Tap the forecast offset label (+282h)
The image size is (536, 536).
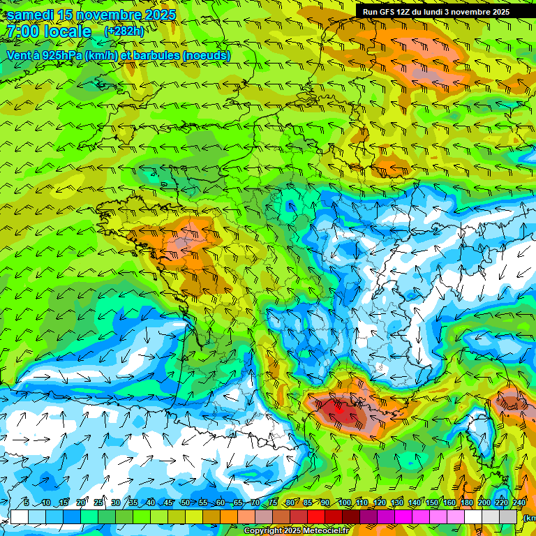click(x=124, y=31)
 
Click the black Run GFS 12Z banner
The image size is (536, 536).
click(x=436, y=11)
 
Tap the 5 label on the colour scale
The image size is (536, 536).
click(x=26, y=503)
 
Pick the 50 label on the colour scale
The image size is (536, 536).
click(x=185, y=503)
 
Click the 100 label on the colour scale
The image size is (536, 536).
click(x=344, y=503)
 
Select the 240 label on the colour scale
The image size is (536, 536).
click(x=519, y=503)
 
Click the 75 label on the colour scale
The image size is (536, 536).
click(x=273, y=503)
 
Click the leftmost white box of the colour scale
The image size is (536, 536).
click(x=20, y=516)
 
